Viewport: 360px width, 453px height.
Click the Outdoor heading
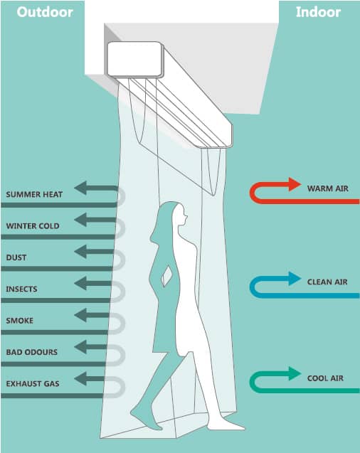pyautogui.click(x=45, y=12)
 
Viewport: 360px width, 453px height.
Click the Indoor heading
pyautogui.click(x=319, y=12)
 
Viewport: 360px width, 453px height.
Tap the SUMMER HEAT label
pyautogui.click(x=34, y=194)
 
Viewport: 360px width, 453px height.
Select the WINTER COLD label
pyautogui.click(x=33, y=226)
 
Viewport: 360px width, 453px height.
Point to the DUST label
pyautogui.click(x=16, y=257)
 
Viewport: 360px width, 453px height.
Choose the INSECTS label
pyautogui.click(x=21, y=289)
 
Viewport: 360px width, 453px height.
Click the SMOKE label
pyautogui.click(x=20, y=321)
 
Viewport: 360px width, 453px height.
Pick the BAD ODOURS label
pyautogui.click(x=32, y=352)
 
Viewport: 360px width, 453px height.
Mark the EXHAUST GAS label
pyautogui.click(x=33, y=384)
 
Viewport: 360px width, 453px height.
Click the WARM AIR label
pyautogui.click(x=328, y=188)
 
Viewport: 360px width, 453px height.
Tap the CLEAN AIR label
pyautogui.click(x=327, y=282)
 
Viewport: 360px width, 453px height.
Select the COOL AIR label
pyautogui.click(x=325, y=378)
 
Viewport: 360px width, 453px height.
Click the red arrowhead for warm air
pyautogui.click(x=294, y=184)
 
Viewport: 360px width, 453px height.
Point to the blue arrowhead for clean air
pyautogui.click(x=294, y=279)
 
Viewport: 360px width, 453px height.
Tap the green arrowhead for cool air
pyautogui.click(x=294, y=373)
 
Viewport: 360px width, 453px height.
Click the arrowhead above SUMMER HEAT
pyautogui.click(x=80, y=188)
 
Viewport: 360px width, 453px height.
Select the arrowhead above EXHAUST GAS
pyautogui.click(x=80, y=379)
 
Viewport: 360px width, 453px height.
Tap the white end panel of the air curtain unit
pyautogui.click(x=134, y=59)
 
